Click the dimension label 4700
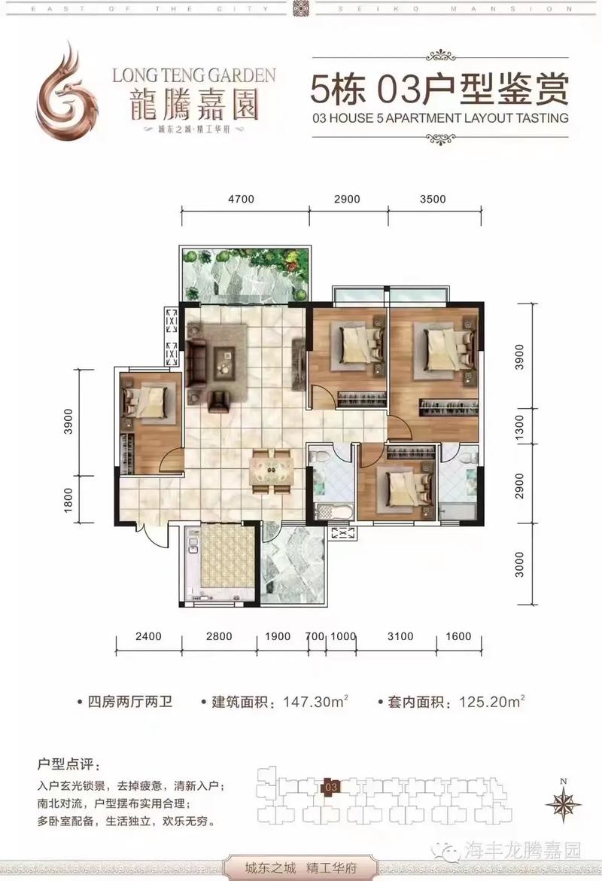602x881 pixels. [x=241, y=199]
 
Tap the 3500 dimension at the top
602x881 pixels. [x=433, y=199]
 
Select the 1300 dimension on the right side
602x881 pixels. [x=519, y=428]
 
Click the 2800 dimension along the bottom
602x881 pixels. [x=219, y=636]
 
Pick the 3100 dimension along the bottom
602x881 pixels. [x=400, y=636]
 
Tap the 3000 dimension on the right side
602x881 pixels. [x=519, y=564]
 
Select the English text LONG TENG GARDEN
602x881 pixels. [x=194, y=75]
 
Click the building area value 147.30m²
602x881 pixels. [x=315, y=701]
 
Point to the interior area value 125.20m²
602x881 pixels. [x=492, y=701]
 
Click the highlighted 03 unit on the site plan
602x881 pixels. [x=331, y=787]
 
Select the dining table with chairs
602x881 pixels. [x=272, y=471]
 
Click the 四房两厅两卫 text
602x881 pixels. [x=129, y=702]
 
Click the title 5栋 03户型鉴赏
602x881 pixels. [x=439, y=88]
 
